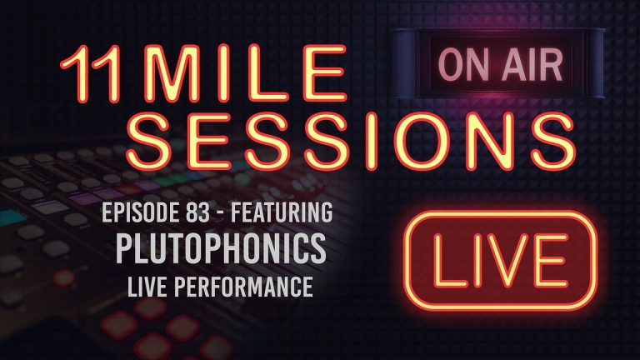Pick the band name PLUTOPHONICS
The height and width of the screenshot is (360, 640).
(x=221, y=251)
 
